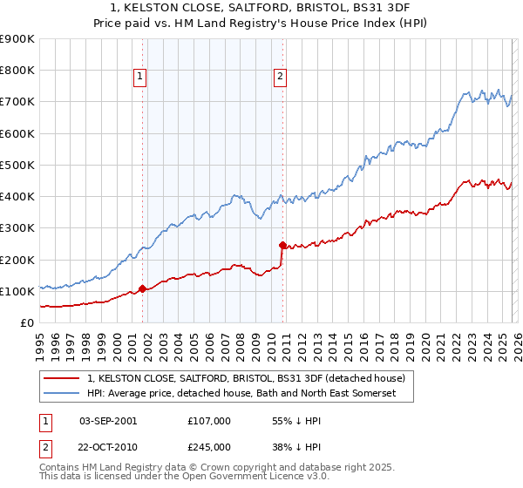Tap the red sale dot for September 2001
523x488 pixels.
tap(142, 289)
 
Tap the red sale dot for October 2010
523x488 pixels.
tap(282, 246)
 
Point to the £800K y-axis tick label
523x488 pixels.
tap(17, 71)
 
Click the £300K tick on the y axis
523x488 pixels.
tap(17, 228)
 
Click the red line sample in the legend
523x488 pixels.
tap(64, 379)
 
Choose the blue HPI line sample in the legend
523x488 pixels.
tap(64, 394)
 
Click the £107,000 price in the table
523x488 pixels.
tap(207, 420)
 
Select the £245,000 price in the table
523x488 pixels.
tap(207, 446)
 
